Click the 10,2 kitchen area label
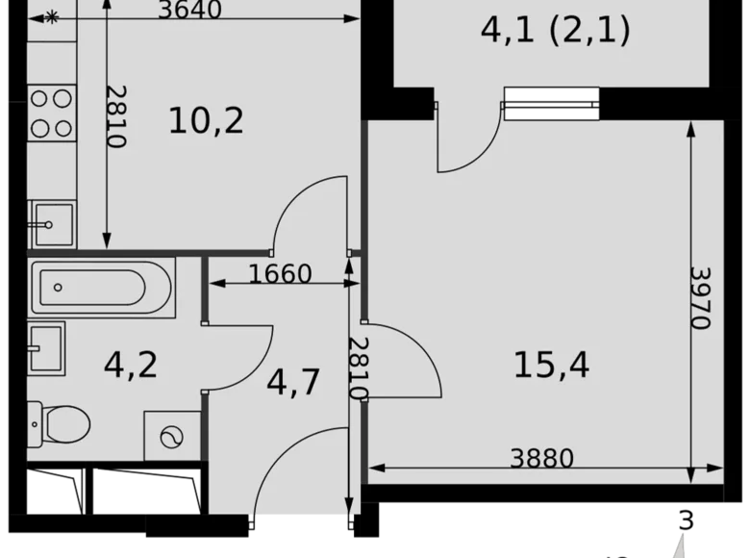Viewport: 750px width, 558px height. (x=206, y=121)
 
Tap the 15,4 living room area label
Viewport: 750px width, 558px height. (x=551, y=365)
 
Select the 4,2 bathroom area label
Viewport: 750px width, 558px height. (x=130, y=366)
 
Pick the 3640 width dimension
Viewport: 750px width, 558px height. (x=189, y=11)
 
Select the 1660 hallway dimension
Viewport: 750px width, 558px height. (x=280, y=274)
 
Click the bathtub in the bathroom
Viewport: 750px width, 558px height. (x=102, y=286)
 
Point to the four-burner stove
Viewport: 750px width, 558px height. (x=51, y=113)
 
